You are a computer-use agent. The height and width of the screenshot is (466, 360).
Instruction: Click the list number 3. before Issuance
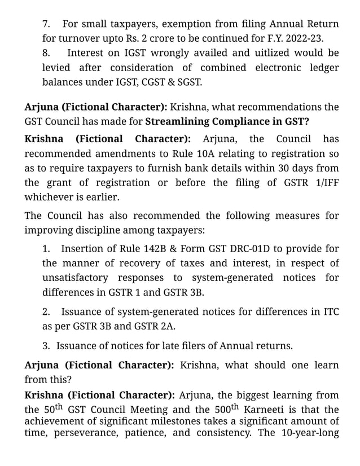click(x=47, y=346)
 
